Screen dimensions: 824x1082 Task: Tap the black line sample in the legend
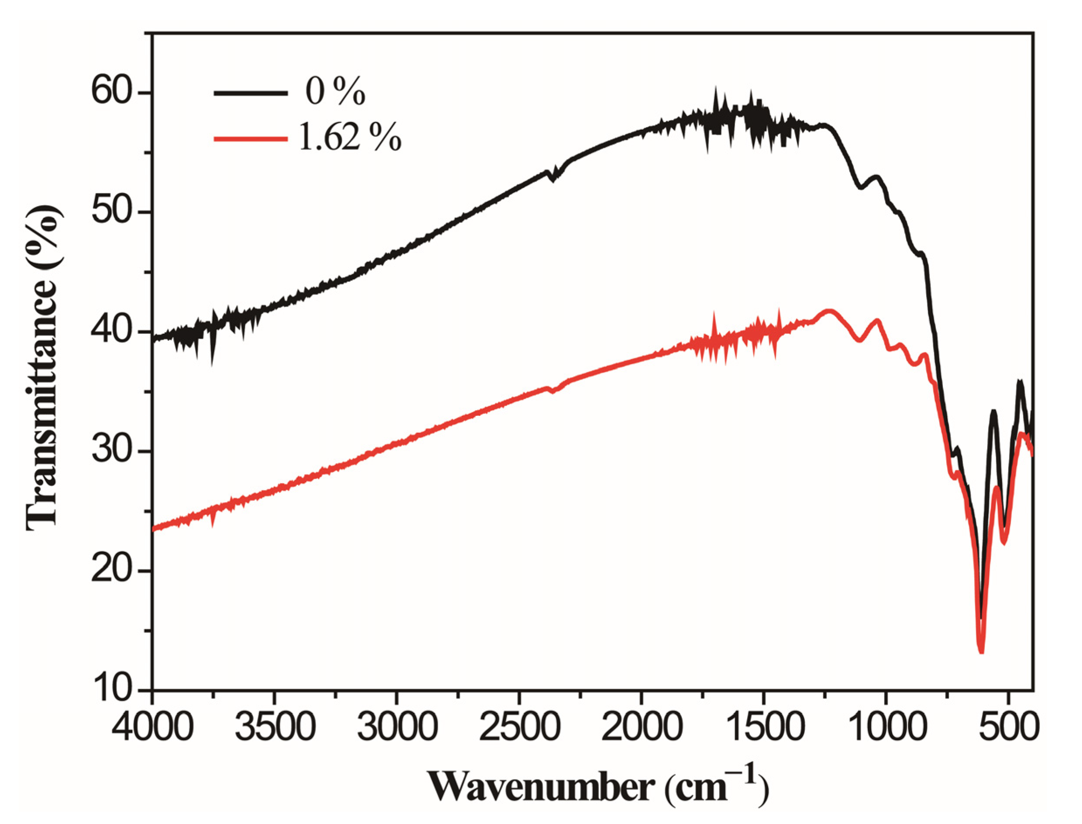[x=250, y=93]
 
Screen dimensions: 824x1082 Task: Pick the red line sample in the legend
[x=250, y=139]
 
